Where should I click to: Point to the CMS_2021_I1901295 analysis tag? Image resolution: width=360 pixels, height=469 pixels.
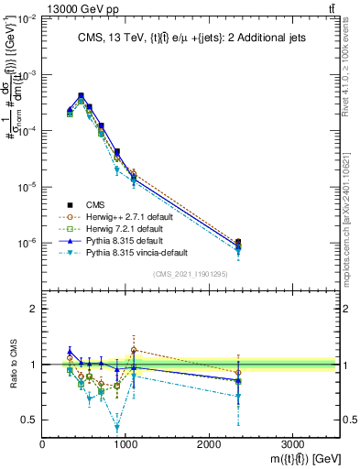(191, 274)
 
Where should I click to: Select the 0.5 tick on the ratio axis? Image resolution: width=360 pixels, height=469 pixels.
(29, 420)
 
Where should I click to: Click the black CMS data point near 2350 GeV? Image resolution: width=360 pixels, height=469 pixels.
(238, 243)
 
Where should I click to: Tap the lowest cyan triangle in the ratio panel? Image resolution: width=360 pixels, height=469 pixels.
(117, 428)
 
